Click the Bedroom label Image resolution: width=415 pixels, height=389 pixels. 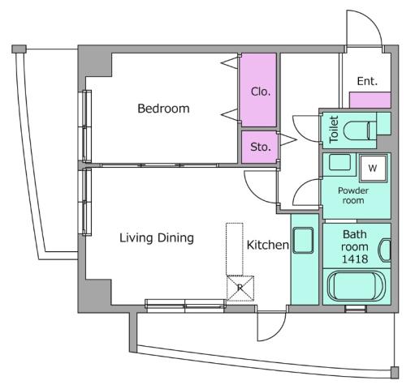pyautogui.click(x=162, y=109)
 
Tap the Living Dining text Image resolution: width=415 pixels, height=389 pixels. pyautogui.click(x=157, y=237)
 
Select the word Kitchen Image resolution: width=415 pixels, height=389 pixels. pyautogui.click(x=267, y=244)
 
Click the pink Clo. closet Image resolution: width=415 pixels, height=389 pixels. pyautogui.click(x=259, y=90)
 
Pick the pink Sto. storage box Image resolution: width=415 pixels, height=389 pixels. pyautogui.click(x=259, y=147)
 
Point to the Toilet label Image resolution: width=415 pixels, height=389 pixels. pyautogui.click(x=333, y=129)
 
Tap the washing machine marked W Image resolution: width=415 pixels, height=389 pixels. pyautogui.click(x=371, y=168)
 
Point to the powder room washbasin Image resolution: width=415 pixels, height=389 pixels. pyautogui.click(x=339, y=162)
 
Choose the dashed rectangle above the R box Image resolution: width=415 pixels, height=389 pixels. pyautogui.click(x=235, y=247)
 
